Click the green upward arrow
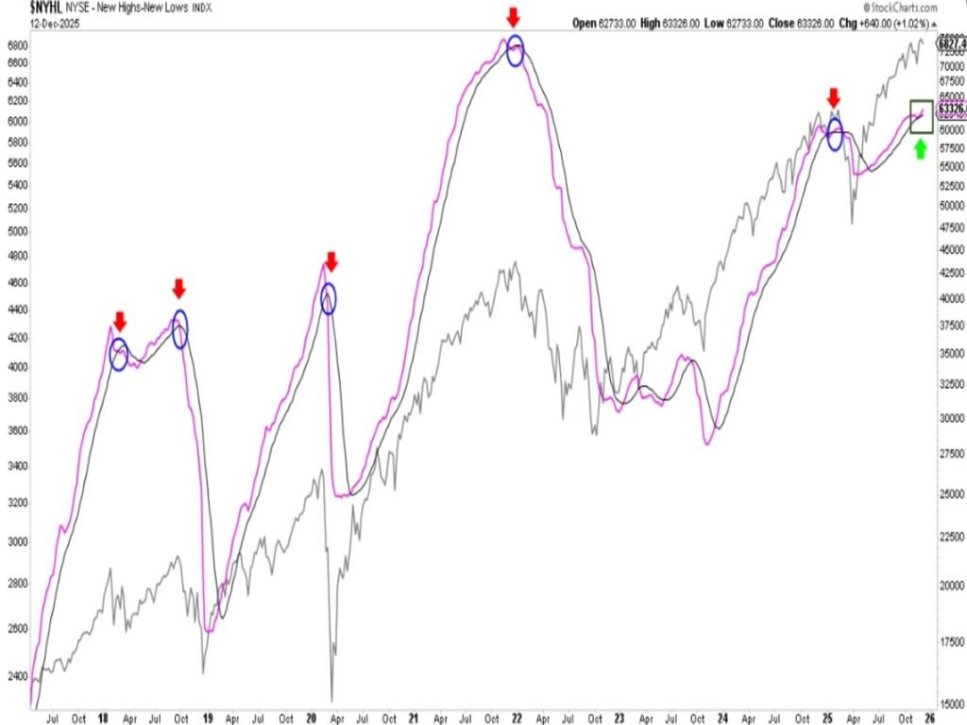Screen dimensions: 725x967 (x=920, y=148)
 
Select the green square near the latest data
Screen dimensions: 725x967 (x=921, y=115)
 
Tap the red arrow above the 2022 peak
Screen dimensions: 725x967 (x=513, y=17)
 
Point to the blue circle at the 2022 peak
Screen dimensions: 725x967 (x=515, y=51)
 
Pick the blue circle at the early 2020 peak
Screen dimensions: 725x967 (x=328, y=298)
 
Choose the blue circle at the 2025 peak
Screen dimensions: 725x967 (x=835, y=135)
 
